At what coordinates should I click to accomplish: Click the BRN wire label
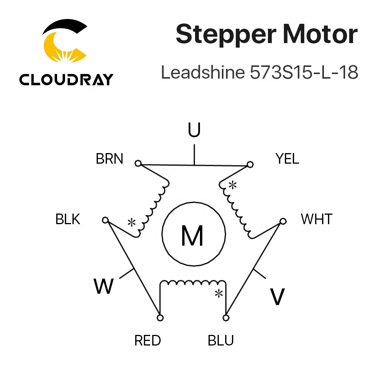click(110, 159)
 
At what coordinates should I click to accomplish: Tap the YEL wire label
click(287, 159)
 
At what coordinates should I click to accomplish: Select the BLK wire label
click(68, 219)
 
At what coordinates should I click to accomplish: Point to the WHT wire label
click(316, 219)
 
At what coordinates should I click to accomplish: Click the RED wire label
click(147, 341)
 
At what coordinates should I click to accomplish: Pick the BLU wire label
click(221, 341)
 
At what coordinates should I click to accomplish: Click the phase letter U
click(194, 130)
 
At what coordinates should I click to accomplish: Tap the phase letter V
click(277, 297)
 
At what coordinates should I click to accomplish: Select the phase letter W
click(104, 286)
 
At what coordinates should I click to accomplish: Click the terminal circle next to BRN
click(138, 163)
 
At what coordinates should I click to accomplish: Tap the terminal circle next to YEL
click(249, 164)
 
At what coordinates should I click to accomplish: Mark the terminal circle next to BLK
click(105, 220)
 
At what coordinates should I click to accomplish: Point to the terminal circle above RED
click(160, 318)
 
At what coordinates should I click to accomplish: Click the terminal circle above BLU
click(226, 318)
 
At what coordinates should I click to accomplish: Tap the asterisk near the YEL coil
click(233, 185)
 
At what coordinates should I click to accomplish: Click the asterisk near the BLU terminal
click(218, 293)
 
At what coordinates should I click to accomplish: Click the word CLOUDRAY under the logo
click(66, 79)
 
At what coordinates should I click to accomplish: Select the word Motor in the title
click(319, 35)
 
